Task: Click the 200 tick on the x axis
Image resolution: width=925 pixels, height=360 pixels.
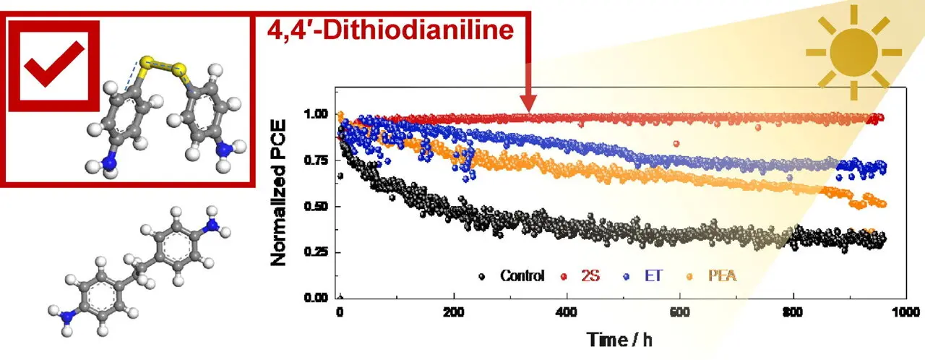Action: [x=454, y=312]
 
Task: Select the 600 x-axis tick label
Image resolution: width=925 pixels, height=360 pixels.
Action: [x=680, y=312]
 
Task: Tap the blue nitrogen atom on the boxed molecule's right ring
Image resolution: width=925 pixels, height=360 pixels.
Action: [x=225, y=150]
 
